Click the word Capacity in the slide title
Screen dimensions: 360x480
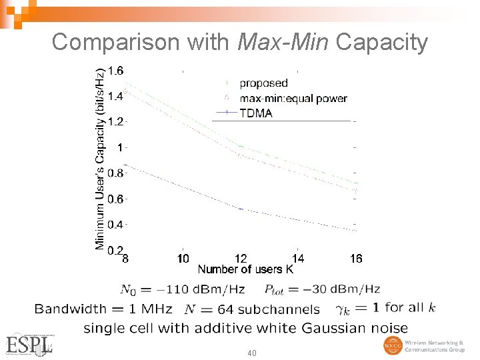click(382, 42)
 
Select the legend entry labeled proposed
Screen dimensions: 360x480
click(263, 83)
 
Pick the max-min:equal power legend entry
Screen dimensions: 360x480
click(293, 99)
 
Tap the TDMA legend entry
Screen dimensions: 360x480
click(255, 113)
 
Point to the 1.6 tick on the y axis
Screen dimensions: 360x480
click(115, 71)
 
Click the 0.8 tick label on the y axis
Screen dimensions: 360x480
click(115, 173)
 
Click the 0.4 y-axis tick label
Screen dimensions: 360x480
click(115, 225)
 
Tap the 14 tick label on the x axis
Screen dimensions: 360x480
click(298, 259)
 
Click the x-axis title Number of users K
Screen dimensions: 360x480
click(245, 269)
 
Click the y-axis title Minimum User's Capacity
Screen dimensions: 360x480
click(100, 158)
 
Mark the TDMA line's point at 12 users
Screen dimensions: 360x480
click(241, 209)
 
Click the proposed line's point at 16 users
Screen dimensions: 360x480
click(356, 183)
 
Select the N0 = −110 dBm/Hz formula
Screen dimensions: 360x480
click(182, 289)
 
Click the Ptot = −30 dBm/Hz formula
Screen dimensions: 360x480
click(322, 289)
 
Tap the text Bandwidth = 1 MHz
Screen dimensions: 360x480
click(103, 309)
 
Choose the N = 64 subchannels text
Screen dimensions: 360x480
click(251, 309)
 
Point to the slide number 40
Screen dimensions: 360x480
click(251, 352)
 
